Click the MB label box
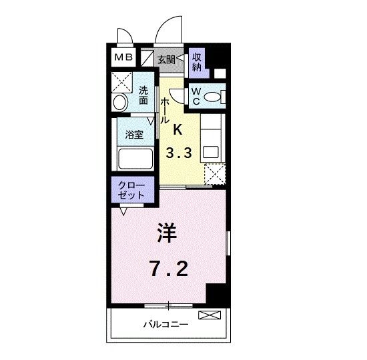pyautogui.click(x=123, y=57)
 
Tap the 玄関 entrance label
pyautogui.click(x=166, y=59)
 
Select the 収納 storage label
pyautogui.click(x=197, y=61)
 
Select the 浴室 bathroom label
pyautogui.click(x=134, y=134)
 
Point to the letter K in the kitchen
pyautogui.click(x=178, y=129)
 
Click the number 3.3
pyautogui.click(x=179, y=153)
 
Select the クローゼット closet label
pyautogui.click(x=132, y=191)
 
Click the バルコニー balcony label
pyautogui.click(x=165, y=325)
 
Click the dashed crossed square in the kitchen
pyautogui.click(x=214, y=175)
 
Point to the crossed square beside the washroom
pyautogui.click(x=121, y=83)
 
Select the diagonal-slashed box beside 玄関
pyautogui.click(x=147, y=58)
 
